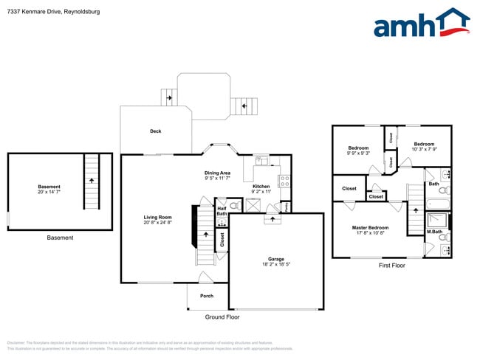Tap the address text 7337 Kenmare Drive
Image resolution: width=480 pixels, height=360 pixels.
pos(51,13)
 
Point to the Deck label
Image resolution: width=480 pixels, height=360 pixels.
pos(155,131)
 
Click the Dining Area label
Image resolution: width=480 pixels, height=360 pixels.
pos(217,176)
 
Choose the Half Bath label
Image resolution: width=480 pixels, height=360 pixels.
pos(222,211)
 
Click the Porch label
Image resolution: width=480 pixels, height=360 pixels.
pos(207,296)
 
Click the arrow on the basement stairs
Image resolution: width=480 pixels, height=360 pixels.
pos(91,179)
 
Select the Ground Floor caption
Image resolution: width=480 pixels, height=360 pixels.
pos(222,316)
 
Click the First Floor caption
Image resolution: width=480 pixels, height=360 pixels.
pos(391,265)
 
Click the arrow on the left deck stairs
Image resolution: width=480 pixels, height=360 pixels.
pos(169,97)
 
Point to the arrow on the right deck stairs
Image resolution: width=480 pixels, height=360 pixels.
pos(244,107)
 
